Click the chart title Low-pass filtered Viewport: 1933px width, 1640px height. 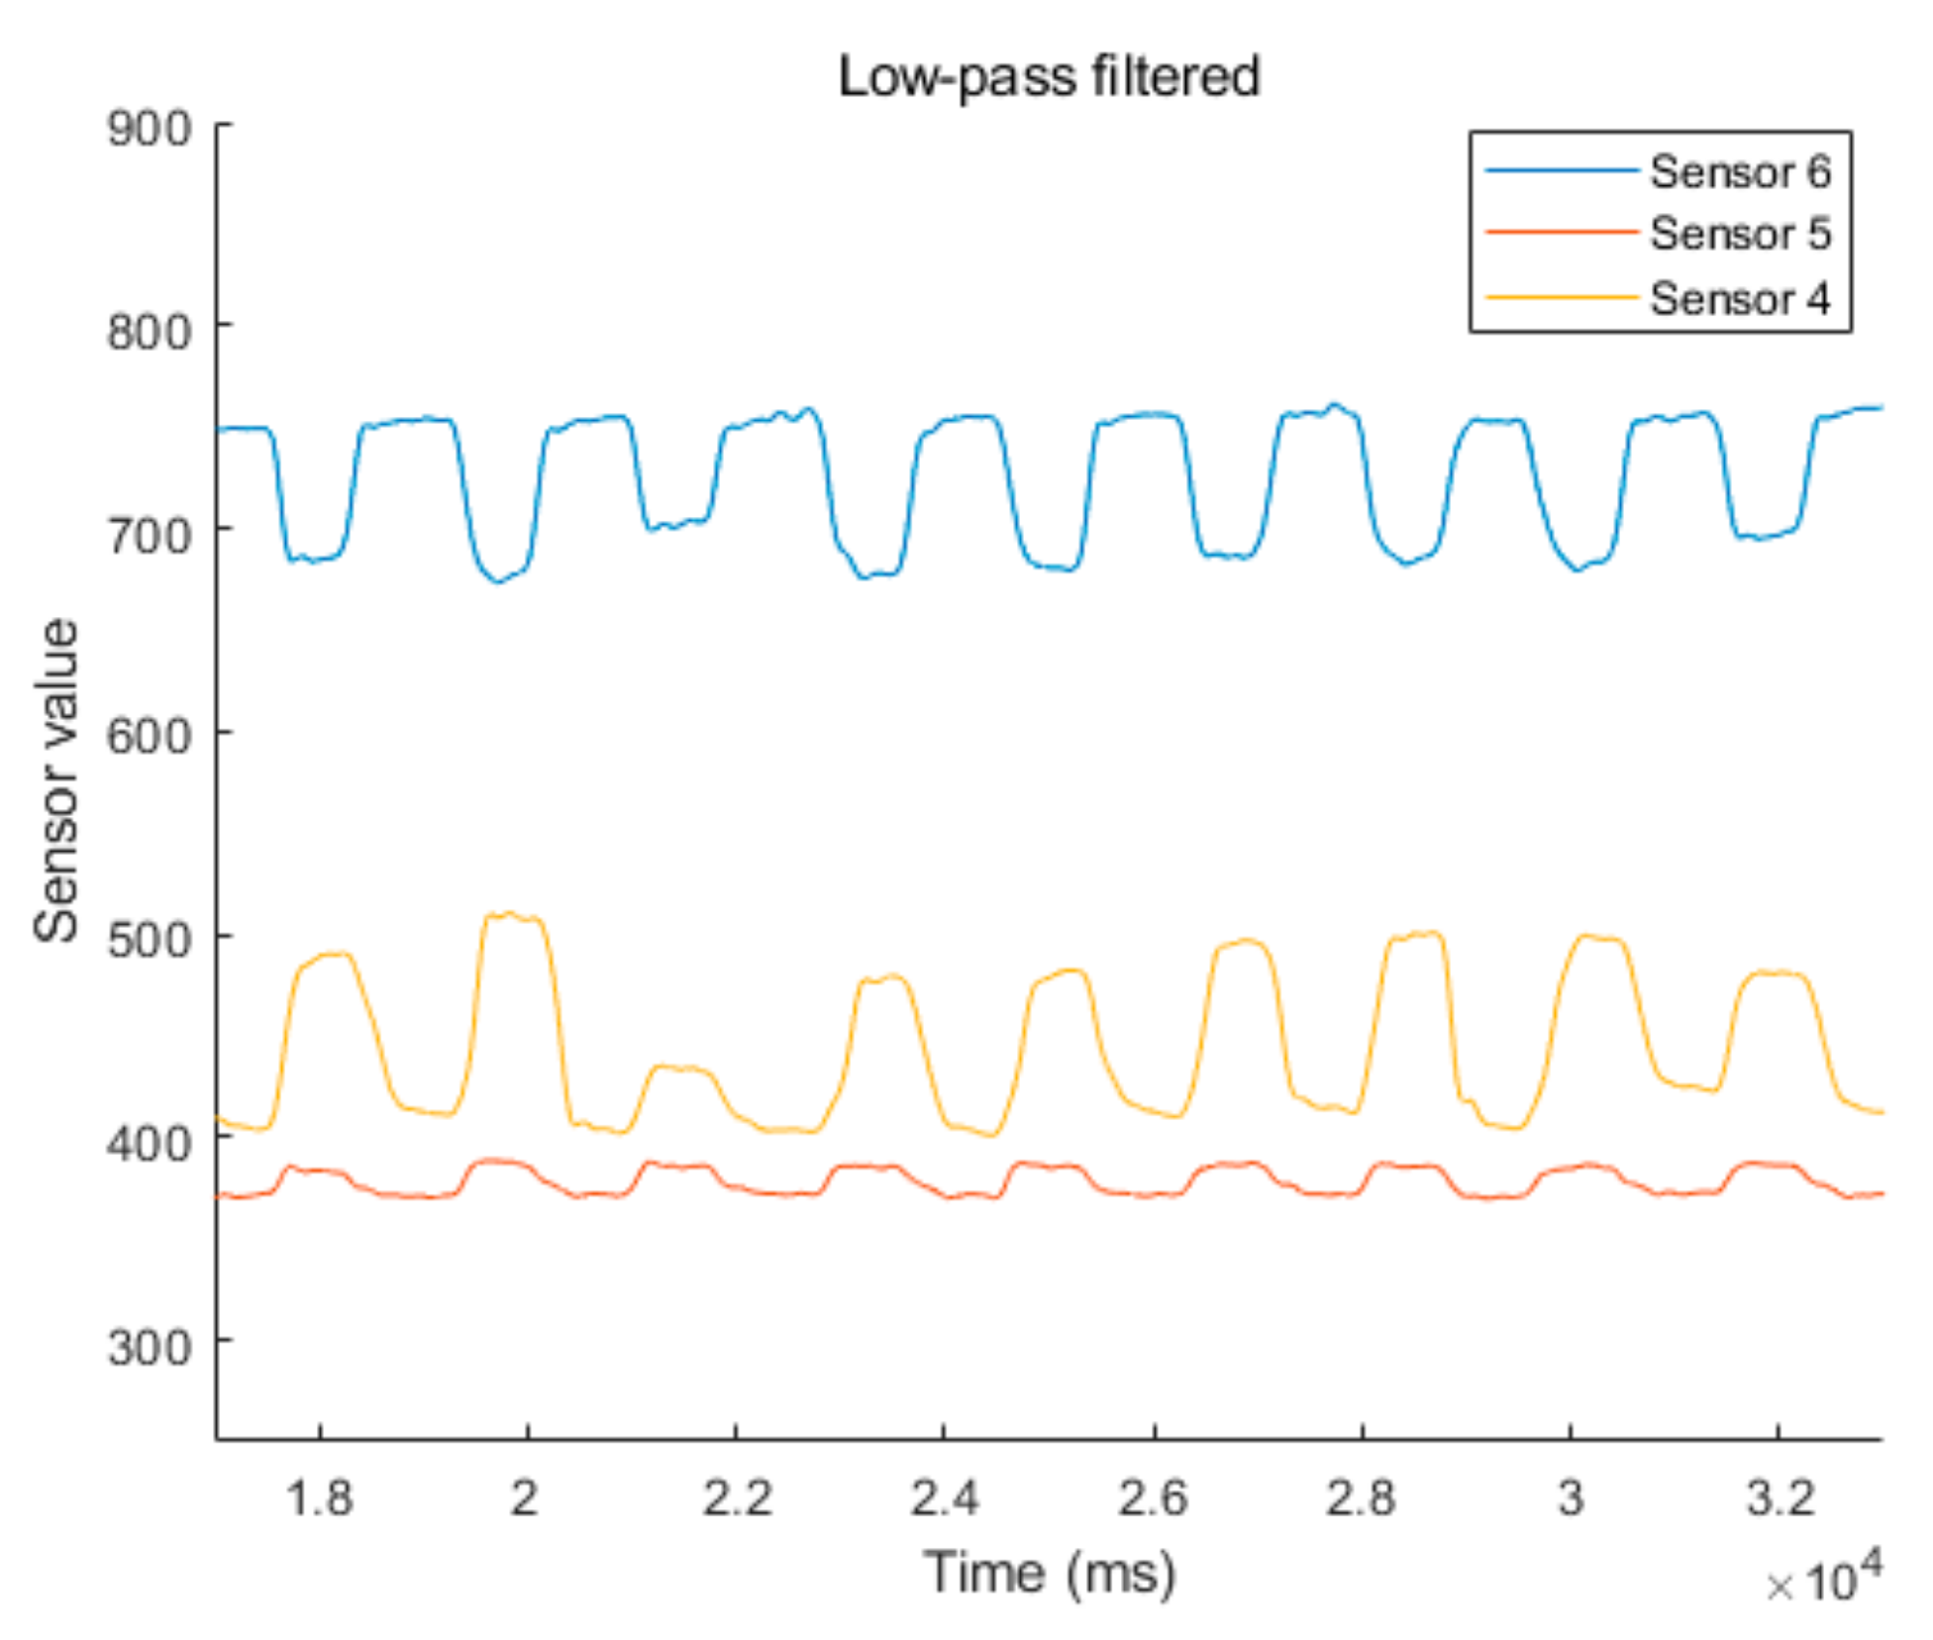[1049, 77]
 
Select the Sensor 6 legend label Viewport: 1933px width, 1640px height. [1740, 172]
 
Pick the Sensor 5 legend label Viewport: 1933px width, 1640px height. [1740, 235]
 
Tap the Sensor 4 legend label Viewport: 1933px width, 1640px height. [1740, 298]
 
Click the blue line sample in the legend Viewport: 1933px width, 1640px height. [1561, 171]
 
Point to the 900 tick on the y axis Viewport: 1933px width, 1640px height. [150, 130]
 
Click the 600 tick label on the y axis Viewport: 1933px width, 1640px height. [150, 737]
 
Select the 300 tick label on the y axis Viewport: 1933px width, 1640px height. [150, 1348]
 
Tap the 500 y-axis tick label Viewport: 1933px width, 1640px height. [150, 940]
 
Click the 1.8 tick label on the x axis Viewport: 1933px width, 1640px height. [319, 1498]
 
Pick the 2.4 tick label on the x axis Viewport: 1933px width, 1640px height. [944, 1498]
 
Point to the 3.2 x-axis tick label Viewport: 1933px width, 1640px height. [1779, 1498]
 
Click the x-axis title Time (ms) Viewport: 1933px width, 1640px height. [1050, 1573]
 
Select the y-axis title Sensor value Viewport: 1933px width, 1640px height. [56, 780]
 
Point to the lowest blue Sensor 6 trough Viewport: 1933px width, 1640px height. [498, 581]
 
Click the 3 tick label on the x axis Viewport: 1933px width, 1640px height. [1571, 1498]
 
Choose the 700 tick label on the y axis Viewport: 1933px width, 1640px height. [150, 536]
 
